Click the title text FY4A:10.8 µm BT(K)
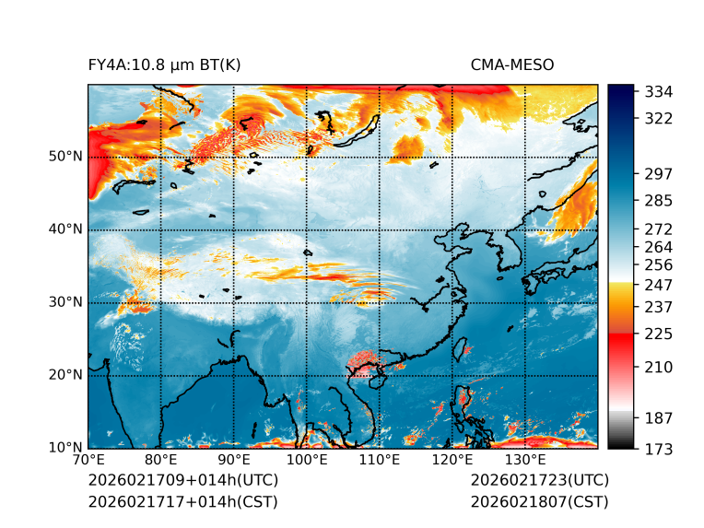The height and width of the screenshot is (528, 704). click(164, 65)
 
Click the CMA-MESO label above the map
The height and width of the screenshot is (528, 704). click(512, 65)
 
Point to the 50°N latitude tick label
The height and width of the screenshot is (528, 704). click(65, 157)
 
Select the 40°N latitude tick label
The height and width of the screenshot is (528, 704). click(65, 229)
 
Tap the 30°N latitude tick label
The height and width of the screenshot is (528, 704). click(65, 302)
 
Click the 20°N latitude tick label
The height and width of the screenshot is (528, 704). click(65, 375)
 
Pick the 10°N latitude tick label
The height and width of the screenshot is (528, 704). click(65, 448)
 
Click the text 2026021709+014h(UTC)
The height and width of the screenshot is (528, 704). click(182, 480)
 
